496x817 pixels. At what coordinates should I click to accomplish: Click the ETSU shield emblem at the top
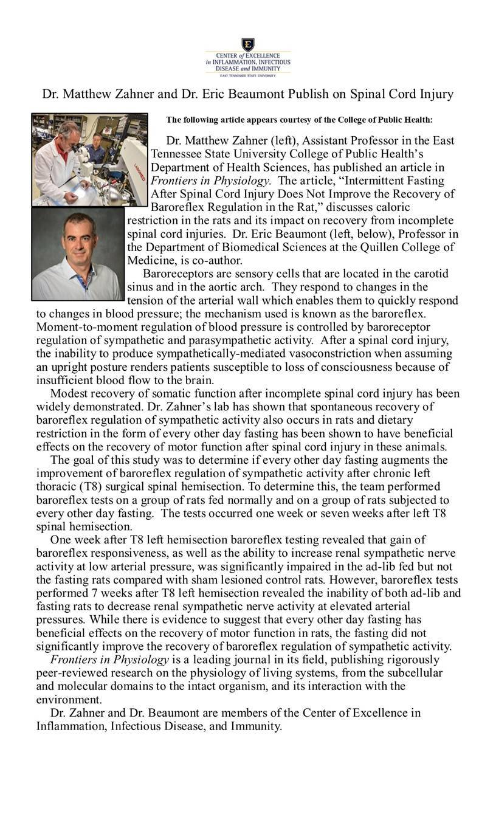(x=247, y=44)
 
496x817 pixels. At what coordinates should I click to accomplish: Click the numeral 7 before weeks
(x=97, y=593)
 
